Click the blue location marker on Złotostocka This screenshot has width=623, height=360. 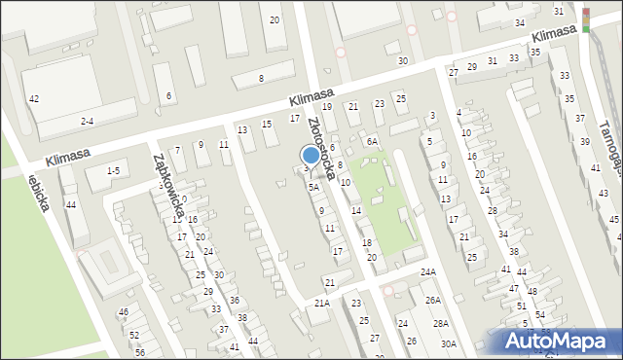(311, 155)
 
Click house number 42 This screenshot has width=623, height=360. (34, 99)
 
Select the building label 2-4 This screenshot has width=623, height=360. (88, 121)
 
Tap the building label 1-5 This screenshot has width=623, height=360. (113, 171)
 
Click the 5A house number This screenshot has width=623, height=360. (313, 187)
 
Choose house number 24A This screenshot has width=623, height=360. (428, 272)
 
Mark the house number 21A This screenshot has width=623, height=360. (322, 304)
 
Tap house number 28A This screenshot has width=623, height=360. (441, 323)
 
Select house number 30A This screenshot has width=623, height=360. (448, 343)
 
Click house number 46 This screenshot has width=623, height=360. (124, 312)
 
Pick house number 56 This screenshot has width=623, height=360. (140, 352)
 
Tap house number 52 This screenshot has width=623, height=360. (133, 335)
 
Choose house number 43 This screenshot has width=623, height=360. (603, 195)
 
